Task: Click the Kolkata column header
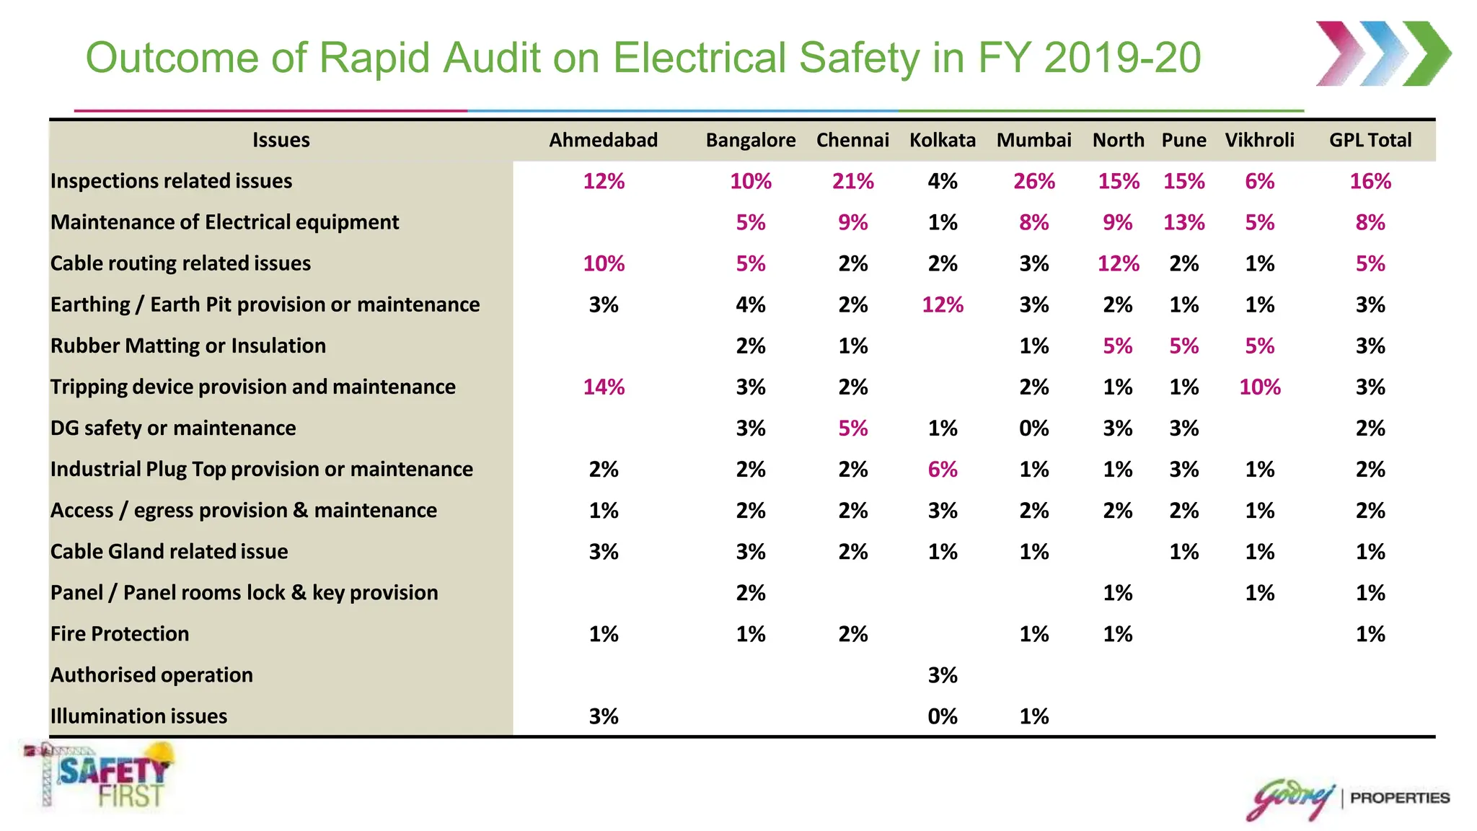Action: pos(942,140)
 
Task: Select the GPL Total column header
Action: pos(1370,140)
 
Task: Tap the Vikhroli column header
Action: pos(1259,140)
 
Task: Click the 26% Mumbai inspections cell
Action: pos(1033,181)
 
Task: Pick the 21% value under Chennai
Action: pos(852,181)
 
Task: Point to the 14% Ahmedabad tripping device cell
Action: pos(604,387)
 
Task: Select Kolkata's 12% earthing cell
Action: pos(942,305)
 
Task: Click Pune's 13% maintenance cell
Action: pos(1183,222)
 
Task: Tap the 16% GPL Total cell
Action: pos(1370,181)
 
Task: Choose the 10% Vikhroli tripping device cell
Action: pos(1259,387)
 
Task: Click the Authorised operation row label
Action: pos(151,675)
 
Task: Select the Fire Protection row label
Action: pos(120,634)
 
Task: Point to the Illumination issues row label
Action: pos(138,716)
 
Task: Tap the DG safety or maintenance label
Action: pos(173,428)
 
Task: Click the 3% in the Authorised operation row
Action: pos(942,675)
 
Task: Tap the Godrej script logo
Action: pos(1291,799)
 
